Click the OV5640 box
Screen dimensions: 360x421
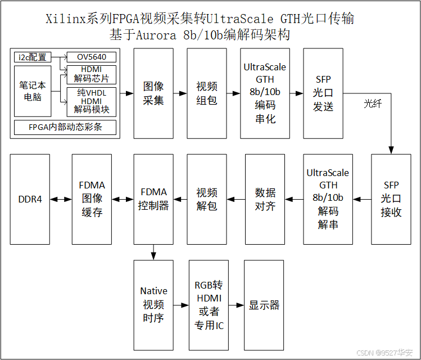[x=91, y=57]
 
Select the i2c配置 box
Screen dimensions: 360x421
[x=32, y=57]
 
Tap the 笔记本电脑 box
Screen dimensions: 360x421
[x=32, y=92]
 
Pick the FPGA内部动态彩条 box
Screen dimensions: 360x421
[x=65, y=128]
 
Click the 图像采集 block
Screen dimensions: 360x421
[x=153, y=93]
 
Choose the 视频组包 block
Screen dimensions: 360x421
[x=206, y=93]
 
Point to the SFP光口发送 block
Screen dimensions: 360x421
[x=323, y=93]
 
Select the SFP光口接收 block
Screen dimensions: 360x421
[x=391, y=199]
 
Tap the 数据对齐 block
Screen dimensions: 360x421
[x=265, y=199]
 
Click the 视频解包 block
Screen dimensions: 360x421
[x=206, y=199]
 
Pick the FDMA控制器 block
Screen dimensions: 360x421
[x=153, y=199]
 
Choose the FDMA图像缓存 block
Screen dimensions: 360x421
[x=92, y=199]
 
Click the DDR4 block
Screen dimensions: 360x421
[x=30, y=199]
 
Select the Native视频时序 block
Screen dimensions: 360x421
[x=153, y=305]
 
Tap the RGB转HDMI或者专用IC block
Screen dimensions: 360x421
[x=208, y=305]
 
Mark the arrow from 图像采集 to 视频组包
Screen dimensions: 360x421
[x=180, y=93]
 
